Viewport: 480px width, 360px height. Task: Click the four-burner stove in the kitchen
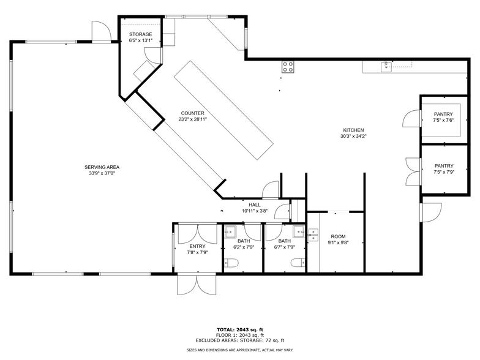pos(288,67)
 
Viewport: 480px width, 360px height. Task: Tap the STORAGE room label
pos(141,34)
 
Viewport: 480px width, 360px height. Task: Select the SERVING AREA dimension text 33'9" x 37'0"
pos(102,173)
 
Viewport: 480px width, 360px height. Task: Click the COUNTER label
pos(192,113)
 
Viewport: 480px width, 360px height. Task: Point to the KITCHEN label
pos(353,130)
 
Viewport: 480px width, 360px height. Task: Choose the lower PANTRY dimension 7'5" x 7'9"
pos(444,172)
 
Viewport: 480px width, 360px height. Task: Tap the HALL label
pos(255,204)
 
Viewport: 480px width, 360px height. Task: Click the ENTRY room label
pos(197,246)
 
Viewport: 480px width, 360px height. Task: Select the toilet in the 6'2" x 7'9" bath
pos(231,263)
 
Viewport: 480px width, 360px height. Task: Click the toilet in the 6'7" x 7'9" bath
pos(298,263)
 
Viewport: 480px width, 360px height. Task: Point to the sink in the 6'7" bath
pos(299,231)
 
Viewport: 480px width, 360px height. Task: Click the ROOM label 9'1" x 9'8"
pos(338,236)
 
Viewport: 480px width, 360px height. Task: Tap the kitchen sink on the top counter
pos(386,67)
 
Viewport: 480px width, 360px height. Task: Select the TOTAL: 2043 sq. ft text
pos(240,329)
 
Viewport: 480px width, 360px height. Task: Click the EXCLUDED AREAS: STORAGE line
pos(240,340)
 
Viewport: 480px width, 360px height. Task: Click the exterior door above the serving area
pos(102,31)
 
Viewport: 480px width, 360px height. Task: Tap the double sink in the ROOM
pos(313,235)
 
